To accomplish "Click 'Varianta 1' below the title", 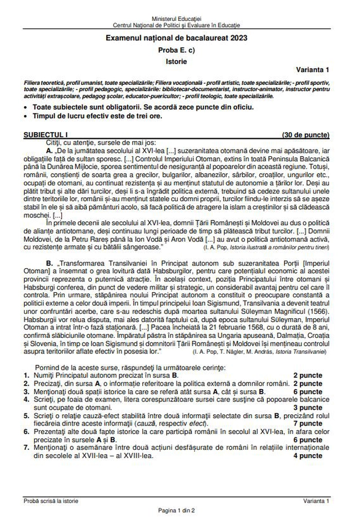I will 313,69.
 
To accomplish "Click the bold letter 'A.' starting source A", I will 49,152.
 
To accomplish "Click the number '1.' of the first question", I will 26,374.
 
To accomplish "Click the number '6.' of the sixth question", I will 26,432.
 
